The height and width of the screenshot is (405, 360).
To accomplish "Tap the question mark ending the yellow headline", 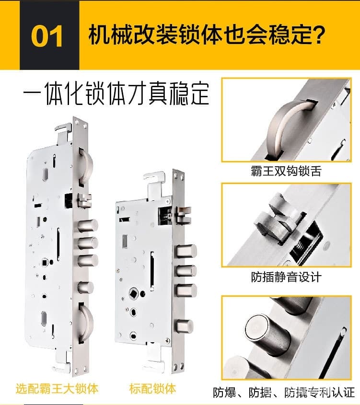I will [x=315, y=35].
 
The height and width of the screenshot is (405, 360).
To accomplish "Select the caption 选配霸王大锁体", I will [x=57, y=388].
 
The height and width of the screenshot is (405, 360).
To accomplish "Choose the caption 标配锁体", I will [x=152, y=388].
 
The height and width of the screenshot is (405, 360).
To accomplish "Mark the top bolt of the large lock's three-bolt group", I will [x=89, y=225].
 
